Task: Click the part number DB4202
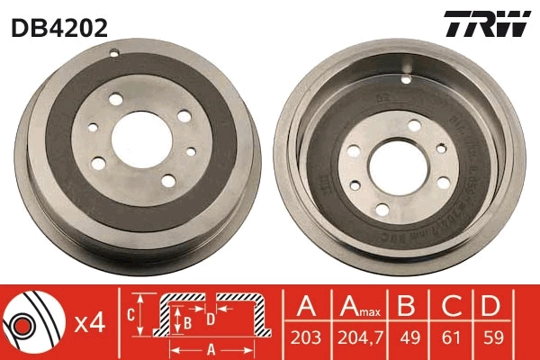point(59,27)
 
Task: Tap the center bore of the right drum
point(396,165)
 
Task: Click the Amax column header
point(358,308)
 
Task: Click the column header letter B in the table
point(407,308)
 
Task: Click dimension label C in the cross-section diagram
point(131,315)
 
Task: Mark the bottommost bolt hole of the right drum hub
point(382,209)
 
